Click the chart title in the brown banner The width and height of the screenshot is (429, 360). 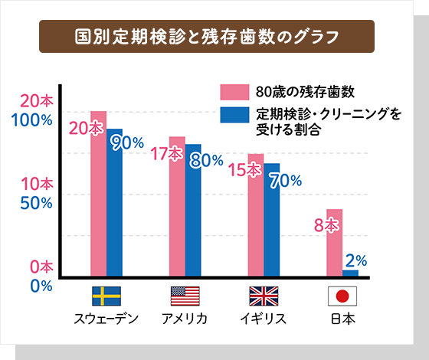click(206, 36)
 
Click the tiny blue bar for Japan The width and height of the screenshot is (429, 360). click(350, 272)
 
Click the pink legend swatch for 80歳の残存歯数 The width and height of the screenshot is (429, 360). click(235, 93)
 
